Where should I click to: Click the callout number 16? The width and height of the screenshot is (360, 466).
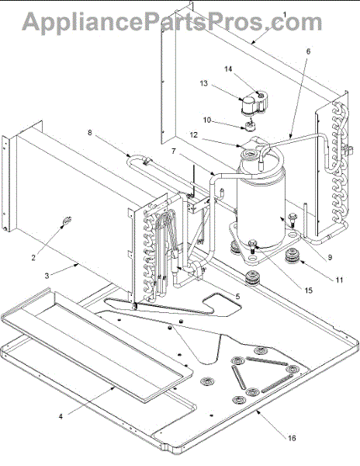click(x=292, y=438)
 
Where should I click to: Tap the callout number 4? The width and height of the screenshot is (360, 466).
click(x=61, y=416)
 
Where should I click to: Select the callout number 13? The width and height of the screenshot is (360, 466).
click(x=203, y=84)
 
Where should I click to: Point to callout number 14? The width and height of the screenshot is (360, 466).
click(x=228, y=69)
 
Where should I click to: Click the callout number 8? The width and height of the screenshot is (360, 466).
click(x=90, y=132)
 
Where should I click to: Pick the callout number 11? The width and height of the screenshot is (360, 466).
click(x=339, y=280)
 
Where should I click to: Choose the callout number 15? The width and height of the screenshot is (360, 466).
click(x=309, y=290)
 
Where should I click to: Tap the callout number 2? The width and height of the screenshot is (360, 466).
click(x=33, y=257)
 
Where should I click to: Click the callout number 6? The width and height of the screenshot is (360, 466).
click(x=308, y=51)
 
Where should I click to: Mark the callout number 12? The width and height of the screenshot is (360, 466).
click(x=194, y=135)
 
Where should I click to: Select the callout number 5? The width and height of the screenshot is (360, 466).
click(x=237, y=296)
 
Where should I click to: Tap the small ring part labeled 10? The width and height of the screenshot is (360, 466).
click(x=250, y=126)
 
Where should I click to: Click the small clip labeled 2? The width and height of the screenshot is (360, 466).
click(x=67, y=221)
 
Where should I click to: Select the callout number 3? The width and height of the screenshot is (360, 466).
click(x=47, y=276)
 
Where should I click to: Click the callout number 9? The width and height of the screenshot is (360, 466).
click(x=330, y=257)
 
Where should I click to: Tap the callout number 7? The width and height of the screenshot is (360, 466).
click(x=173, y=151)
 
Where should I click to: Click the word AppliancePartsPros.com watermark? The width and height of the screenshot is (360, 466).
click(x=172, y=22)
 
